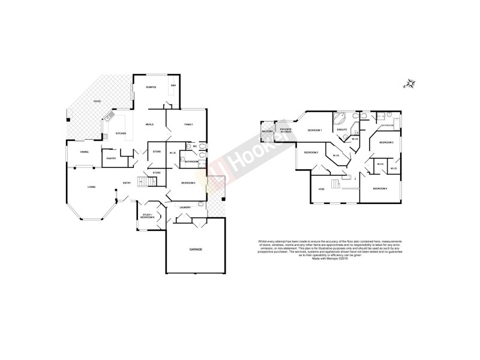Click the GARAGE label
click(x=196, y=249)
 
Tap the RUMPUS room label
click(x=151, y=88)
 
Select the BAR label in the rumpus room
click(x=173, y=86)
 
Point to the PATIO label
click(x=97, y=101)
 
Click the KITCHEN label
click(x=121, y=133)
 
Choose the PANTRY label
click(x=111, y=158)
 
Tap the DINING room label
click(x=85, y=152)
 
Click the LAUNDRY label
click(x=185, y=208)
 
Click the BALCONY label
click(x=268, y=131)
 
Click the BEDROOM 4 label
click(x=380, y=189)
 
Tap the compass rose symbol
click(x=410, y=84)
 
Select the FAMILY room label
click(x=188, y=124)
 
